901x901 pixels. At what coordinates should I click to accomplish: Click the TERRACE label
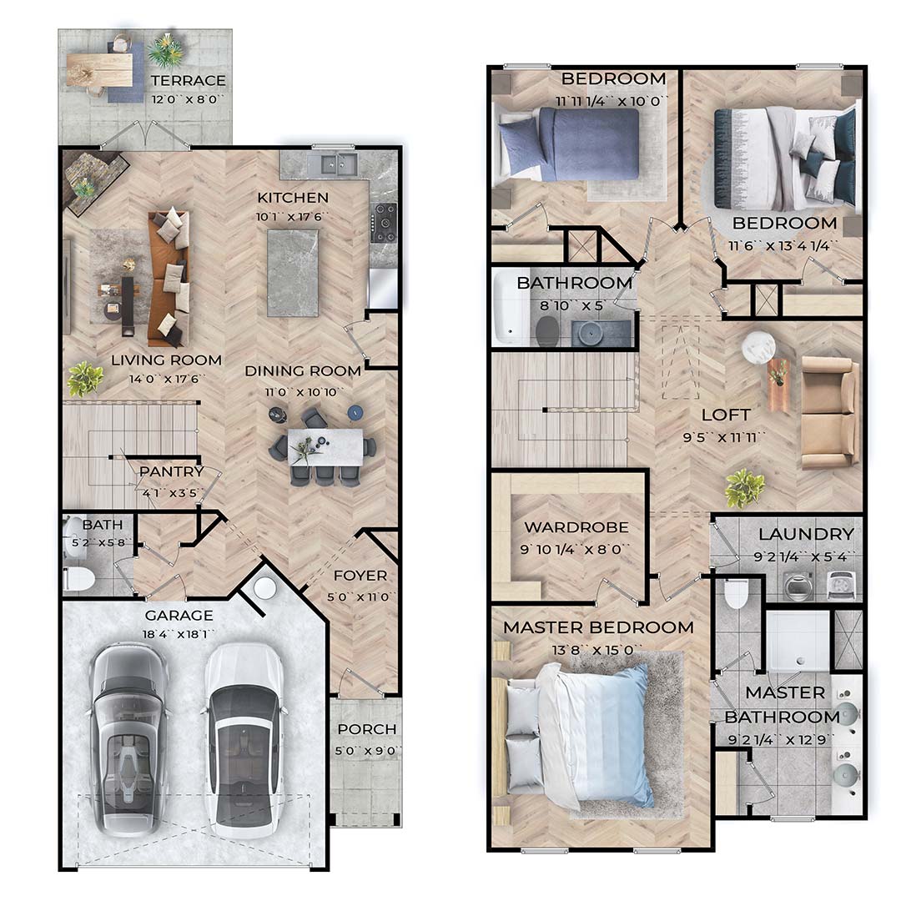188,80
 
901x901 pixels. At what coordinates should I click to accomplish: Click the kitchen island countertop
293,273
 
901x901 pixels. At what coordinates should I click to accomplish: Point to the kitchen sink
331,165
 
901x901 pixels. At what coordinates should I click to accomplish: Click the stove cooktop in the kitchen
383,223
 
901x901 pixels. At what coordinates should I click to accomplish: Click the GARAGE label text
179,616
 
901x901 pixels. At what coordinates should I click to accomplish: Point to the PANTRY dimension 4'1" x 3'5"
170,492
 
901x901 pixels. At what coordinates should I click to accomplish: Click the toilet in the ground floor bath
79,579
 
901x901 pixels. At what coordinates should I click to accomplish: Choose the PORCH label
366,729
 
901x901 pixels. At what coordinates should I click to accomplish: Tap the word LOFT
726,415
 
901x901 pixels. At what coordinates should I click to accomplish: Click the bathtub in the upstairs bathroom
511,309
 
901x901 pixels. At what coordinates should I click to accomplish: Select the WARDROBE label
576,527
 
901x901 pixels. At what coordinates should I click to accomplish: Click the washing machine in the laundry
798,586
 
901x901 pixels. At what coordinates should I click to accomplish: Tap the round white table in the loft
758,348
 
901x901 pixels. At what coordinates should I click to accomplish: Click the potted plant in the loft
745,488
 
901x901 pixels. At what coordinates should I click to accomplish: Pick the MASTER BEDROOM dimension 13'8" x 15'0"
597,650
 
